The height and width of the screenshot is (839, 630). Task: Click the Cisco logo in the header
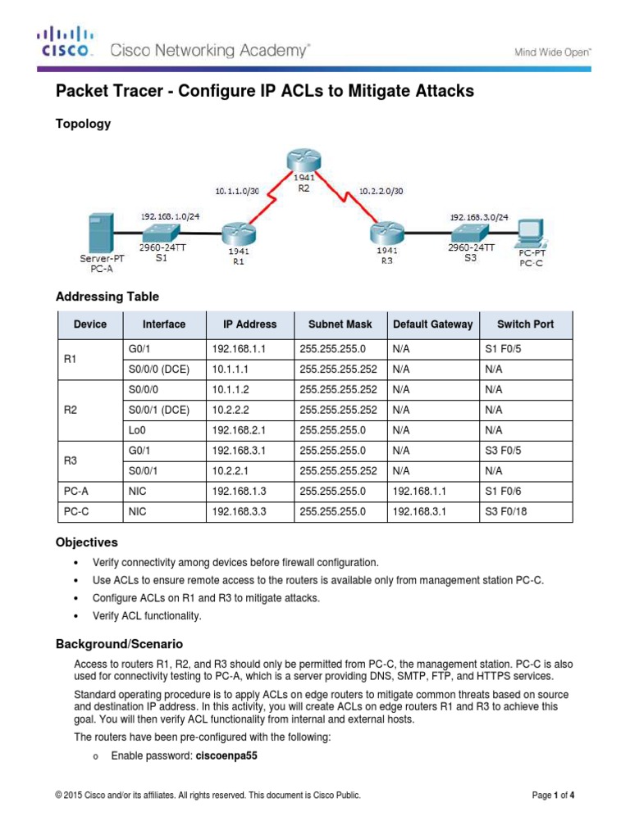pos(65,42)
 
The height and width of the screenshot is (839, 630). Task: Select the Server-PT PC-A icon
pos(100,233)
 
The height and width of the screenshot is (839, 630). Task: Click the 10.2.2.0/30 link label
pos(381,192)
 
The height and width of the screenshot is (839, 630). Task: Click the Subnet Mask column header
pos(339,324)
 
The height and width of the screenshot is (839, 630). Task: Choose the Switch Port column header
pos(525,324)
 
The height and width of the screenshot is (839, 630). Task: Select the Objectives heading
pos(86,542)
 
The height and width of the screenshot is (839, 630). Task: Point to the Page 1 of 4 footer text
pos(559,795)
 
